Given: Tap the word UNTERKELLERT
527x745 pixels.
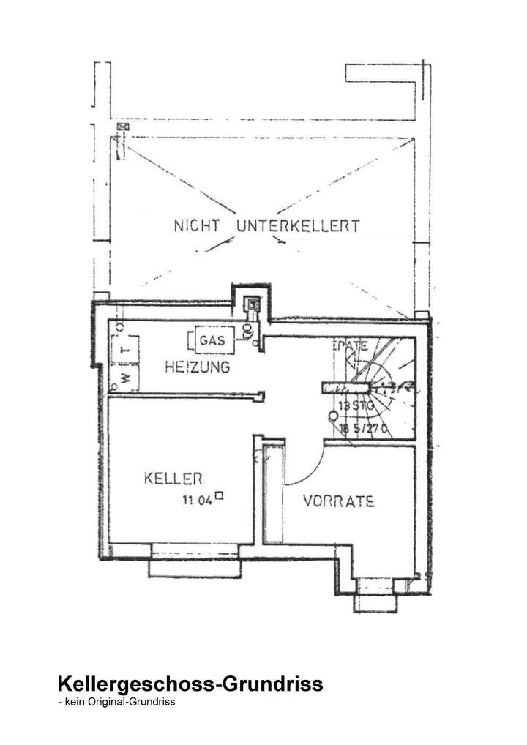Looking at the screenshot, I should coord(298,225).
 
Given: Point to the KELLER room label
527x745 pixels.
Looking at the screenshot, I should coord(173,479).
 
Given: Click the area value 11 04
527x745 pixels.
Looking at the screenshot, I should coord(198,501).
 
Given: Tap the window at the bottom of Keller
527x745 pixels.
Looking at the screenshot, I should coord(194,559).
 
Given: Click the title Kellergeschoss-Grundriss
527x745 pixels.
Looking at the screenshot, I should coord(190,685).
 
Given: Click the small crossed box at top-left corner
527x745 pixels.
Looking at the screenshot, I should coord(122,127).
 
